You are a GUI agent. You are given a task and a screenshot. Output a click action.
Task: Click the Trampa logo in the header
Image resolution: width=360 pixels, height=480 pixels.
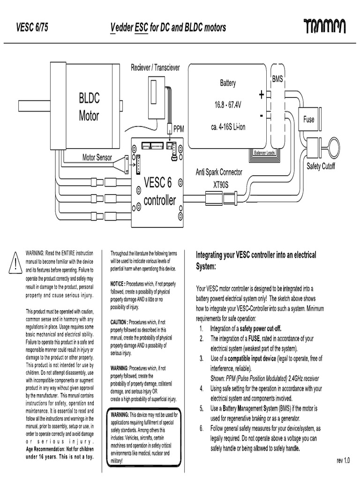click(324, 27)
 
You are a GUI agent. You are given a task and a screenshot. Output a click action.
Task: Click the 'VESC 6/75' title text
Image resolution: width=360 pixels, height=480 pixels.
click(32, 28)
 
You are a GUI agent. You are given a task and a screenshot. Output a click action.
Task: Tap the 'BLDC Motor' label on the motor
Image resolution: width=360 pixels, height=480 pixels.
click(89, 107)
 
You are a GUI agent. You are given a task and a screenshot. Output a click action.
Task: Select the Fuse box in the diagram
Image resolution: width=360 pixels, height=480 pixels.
click(308, 120)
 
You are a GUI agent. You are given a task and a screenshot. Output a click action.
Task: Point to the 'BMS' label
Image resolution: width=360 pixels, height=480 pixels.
click(277, 80)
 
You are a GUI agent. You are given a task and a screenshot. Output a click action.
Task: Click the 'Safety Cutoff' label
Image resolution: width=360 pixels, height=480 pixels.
click(321, 166)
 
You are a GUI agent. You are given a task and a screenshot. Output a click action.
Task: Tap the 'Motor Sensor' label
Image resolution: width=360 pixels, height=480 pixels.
click(97, 157)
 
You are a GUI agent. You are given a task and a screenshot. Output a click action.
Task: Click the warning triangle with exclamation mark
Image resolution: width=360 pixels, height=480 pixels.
click(15, 263)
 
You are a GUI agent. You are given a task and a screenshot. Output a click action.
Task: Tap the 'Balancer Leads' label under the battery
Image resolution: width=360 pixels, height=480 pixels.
click(264, 153)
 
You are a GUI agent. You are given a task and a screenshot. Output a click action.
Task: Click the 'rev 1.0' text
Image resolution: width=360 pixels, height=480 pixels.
click(343, 461)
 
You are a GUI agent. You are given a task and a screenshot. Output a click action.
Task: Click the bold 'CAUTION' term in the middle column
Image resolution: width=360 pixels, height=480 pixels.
click(119, 322)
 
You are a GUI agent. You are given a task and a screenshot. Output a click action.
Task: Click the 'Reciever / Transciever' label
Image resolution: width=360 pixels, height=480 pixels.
click(155, 68)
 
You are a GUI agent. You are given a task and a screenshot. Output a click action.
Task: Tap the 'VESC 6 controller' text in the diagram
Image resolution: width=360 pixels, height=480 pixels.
click(159, 191)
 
